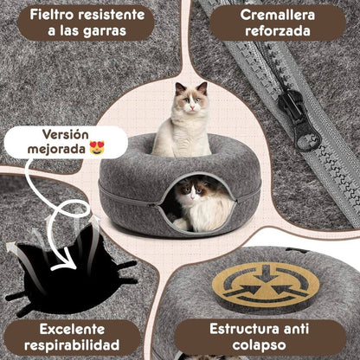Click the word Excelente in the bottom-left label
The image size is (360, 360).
pos(69,329)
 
